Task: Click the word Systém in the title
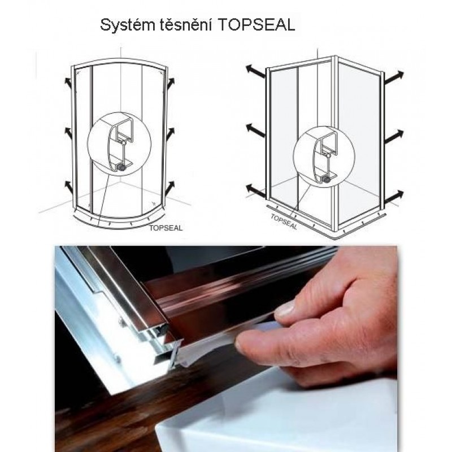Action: pyautogui.click(x=127, y=25)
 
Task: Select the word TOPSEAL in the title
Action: pyautogui.click(x=257, y=25)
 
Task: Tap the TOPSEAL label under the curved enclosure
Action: pyautogui.click(x=166, y=228)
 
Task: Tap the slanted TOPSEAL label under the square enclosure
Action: pyautogui.click(x=284, y=221)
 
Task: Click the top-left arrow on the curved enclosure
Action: pyautogui.click(x=68, y=82)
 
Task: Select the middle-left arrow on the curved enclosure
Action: pyautogui.click(x=68, y=132)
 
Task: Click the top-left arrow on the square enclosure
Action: pyautogui.click(x=255, y=72)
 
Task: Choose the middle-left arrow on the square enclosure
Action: pyautogui.click(x=255, y=130)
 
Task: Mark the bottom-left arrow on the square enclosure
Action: pyautogui.click(x=256, y=192)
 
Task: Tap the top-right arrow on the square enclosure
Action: pyautogui.click(x=394, y=77)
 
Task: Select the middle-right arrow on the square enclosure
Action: pyautogui.click(x=394, y=136)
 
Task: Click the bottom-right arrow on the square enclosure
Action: pyautogui.click(x=394, y=197)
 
